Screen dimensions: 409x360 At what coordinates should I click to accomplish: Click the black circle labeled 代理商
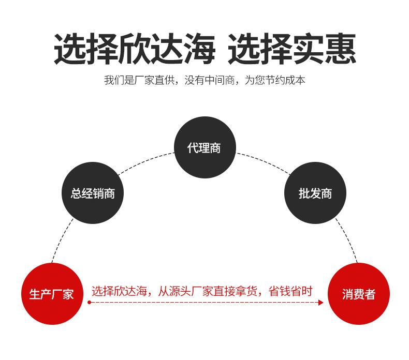(205, 147)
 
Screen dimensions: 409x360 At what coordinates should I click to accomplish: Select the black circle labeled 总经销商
(93, 193)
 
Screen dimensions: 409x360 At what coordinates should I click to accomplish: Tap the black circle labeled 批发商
(315, 193)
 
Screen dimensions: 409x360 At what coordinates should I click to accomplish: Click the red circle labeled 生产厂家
(52, 294)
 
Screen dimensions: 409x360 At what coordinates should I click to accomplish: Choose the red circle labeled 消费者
(359, 294)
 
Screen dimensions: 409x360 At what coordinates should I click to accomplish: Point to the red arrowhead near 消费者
(321, 303)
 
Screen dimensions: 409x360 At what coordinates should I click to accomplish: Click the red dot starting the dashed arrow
(89, 303)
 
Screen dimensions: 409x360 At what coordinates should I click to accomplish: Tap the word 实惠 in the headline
(324, 49)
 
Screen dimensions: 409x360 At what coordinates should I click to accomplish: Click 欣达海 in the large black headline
(167, 49)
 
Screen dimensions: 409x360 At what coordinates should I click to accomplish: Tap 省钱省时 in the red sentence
(290, 291)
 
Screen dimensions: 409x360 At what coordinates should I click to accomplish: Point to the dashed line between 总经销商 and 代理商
(145, 161)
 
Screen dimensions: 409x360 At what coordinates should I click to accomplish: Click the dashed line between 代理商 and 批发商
(264, 161)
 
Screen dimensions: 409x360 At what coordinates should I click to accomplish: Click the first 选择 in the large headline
(86, 49)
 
